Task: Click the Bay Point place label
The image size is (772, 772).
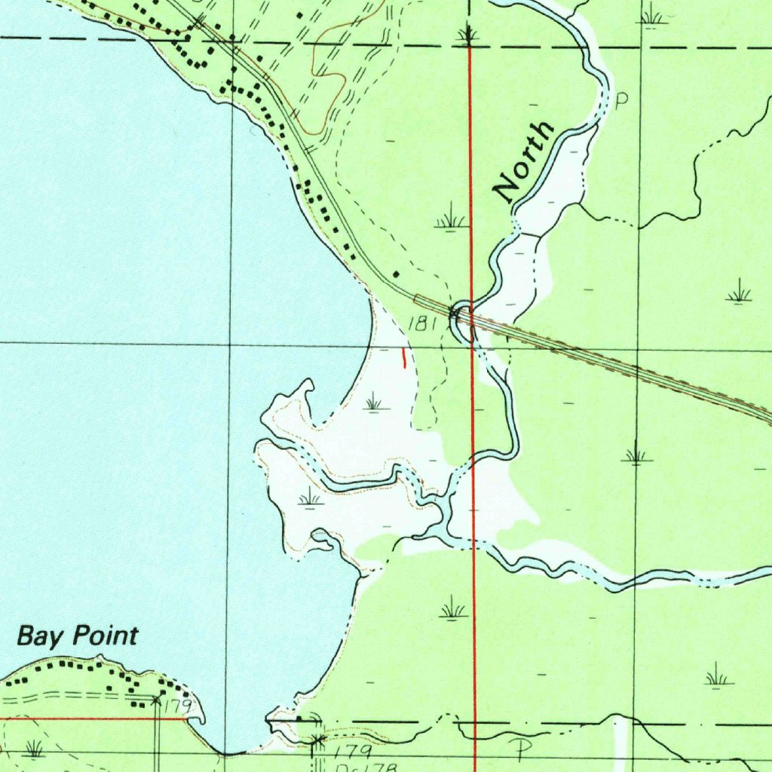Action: (78, 636)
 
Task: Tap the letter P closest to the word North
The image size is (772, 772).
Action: (622, 101)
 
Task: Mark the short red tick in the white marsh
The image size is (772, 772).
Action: (403, 357)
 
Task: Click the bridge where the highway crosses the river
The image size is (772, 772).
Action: (461, 314)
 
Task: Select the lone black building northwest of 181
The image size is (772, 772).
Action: (397, 274)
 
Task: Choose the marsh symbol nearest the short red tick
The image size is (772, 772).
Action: (374, 402)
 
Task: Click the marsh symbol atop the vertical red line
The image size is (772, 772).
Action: (468, 35)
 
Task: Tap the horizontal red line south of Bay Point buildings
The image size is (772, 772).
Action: (90, 718)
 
